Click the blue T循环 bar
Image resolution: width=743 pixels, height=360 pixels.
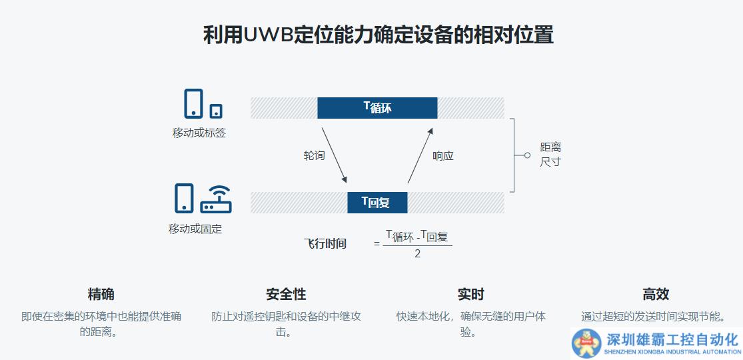(377, 107)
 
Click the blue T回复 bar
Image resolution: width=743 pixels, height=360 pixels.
(377, 203)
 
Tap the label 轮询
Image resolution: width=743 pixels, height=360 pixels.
(314, 156)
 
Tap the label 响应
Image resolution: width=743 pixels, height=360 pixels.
(443, 156)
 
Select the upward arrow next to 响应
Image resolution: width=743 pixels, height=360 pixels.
(420, 155)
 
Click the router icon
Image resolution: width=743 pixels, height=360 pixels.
(216, 199)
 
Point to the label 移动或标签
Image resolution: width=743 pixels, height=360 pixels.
(199, 133)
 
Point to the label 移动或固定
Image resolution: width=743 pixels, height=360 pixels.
(195, 229)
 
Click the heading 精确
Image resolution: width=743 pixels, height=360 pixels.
(101, 294)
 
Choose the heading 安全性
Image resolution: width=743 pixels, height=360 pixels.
(286, 294)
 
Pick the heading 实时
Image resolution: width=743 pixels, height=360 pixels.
(470, 294)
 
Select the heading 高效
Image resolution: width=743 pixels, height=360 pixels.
(656, 294)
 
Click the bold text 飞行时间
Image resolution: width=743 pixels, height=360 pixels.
(325, 243)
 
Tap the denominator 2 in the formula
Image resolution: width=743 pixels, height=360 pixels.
(418, 254)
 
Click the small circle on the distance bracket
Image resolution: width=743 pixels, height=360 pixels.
(527, 155)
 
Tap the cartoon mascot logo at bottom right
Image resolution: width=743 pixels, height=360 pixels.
(586, 343)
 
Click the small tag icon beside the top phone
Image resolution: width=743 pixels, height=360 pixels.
(216, 111)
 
